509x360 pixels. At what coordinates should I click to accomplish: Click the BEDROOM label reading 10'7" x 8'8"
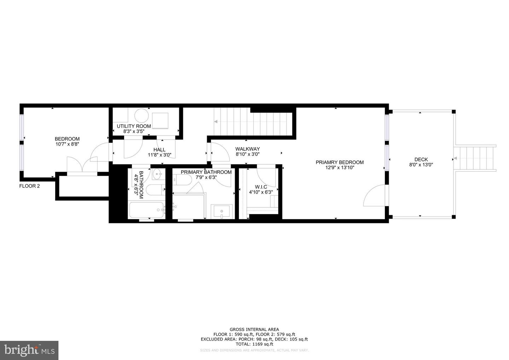point(67,142)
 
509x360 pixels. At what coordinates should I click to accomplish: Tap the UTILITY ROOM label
point(134,129)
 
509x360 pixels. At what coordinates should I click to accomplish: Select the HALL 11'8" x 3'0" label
point(159,152)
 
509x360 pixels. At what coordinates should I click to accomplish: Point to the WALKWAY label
point(247,151)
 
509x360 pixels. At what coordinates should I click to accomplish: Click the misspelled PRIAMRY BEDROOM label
point(339,165)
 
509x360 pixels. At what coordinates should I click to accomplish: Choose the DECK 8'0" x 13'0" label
point(421,162)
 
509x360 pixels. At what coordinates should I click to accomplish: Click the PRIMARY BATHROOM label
point(206,175)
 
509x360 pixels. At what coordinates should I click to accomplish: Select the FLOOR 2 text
point(29,186)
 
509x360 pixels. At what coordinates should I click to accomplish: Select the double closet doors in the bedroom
point(82,166)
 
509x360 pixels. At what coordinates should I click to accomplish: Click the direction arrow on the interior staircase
point(215,122)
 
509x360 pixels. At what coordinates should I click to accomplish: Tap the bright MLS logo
point(29,350)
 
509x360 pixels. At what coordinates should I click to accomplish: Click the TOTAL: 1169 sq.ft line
point(254,344)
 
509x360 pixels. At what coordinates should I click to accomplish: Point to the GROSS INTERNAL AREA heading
point(254,329)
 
